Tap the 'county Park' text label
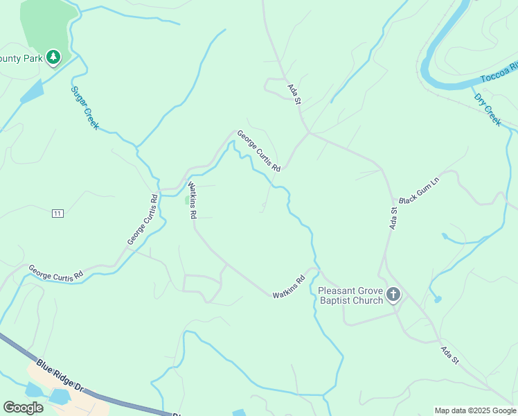pyautogui.click(x=21, y=58)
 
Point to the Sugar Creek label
pyautogui.click(x=85, y=108)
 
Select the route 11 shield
pyautogui.click(x=57, y=214)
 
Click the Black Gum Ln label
pyautogui.click(x=419, y=189)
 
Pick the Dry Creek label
pyautogui.click(x=487, y=109)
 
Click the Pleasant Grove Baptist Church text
pyautogui.click(x=350, y=295)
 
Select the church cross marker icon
pyautogui.click(x=393, y=295)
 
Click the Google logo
pyautogui.click(x=24, y=408)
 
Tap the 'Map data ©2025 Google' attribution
pyautogui.click(x=476, y=410)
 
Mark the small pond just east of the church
pyautogui.click(x=438, y=300)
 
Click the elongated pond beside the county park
pyautogui.click(x=32, y=91)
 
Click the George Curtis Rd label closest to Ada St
pyautogui.click(x=258, y=152)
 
